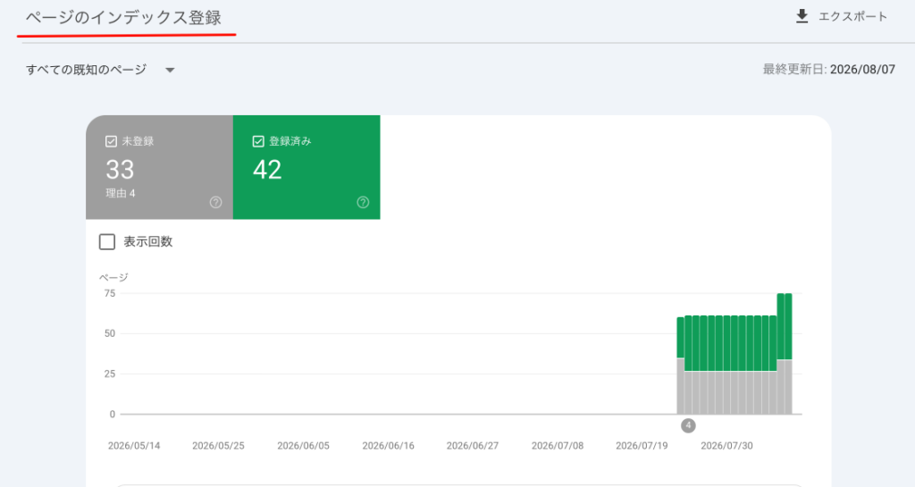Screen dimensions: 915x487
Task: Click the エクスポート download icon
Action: (802, 16)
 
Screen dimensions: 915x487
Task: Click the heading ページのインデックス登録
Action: (123, 18)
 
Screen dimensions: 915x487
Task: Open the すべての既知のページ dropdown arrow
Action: (170, 70)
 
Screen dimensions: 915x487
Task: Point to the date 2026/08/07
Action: (862, 70)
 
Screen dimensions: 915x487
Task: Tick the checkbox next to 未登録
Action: (111, 141)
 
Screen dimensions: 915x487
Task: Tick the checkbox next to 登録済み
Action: (258, 141)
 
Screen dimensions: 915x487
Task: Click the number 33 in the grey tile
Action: (121, 170)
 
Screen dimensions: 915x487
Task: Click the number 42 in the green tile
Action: (267, 170)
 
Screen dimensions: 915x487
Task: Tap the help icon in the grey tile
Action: (216, 202)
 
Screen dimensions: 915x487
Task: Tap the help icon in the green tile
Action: (363, 202)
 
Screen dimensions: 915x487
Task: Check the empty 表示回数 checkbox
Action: (107, 241)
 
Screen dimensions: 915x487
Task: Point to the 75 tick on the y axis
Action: (110, 293)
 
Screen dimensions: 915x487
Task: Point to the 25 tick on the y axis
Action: (110, 374)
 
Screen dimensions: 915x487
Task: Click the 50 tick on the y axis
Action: (110, 333)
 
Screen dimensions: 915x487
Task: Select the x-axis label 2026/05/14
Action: (134, 446)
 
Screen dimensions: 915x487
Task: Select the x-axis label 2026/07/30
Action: (726, 446)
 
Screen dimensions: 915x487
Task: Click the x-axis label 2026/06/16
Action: (388, 446)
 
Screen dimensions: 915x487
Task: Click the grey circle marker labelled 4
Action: (688, 425)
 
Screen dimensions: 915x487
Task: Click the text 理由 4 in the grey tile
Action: (121, 193)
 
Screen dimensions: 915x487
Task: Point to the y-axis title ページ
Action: (113, 277)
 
